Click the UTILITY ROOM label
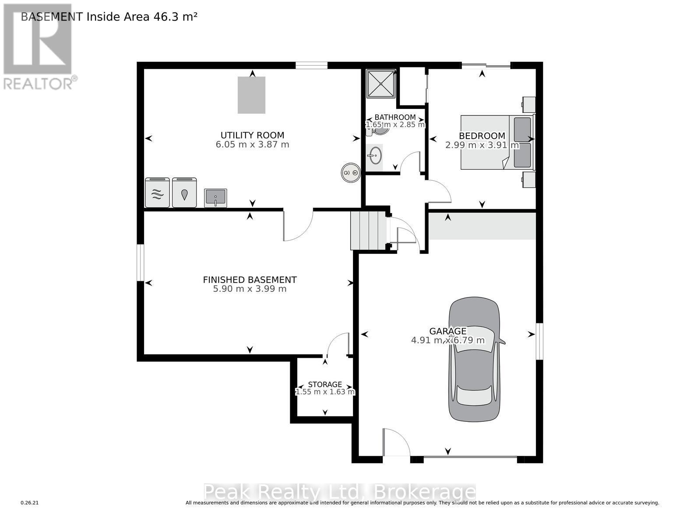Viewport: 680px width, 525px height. tap(252, 135)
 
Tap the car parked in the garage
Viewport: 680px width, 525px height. tap(474, 359)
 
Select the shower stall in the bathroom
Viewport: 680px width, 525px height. tap(381, 84)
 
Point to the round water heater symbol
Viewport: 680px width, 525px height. tap(351, 173)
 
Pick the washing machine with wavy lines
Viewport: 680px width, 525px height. tap(157, 192)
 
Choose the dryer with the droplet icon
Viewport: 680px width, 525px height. tap(184, 192)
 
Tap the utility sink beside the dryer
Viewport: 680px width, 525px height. tap(215, 198)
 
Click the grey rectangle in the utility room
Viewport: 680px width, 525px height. tap(252, 95)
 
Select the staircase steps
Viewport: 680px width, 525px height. tap(368, 231)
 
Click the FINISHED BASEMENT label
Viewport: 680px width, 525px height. tap(250, 280)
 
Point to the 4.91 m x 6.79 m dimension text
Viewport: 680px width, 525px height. tap(448, 340)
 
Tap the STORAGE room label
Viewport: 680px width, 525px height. tap(325, 384)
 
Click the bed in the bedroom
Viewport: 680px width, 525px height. tap(497, 143)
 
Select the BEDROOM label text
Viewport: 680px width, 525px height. tap(482, 136)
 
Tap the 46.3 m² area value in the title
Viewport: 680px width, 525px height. tap(175, 17)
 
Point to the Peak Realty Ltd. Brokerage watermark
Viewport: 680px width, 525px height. tap(340, 492)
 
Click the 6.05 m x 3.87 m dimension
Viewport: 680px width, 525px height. tap(252, 144)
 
